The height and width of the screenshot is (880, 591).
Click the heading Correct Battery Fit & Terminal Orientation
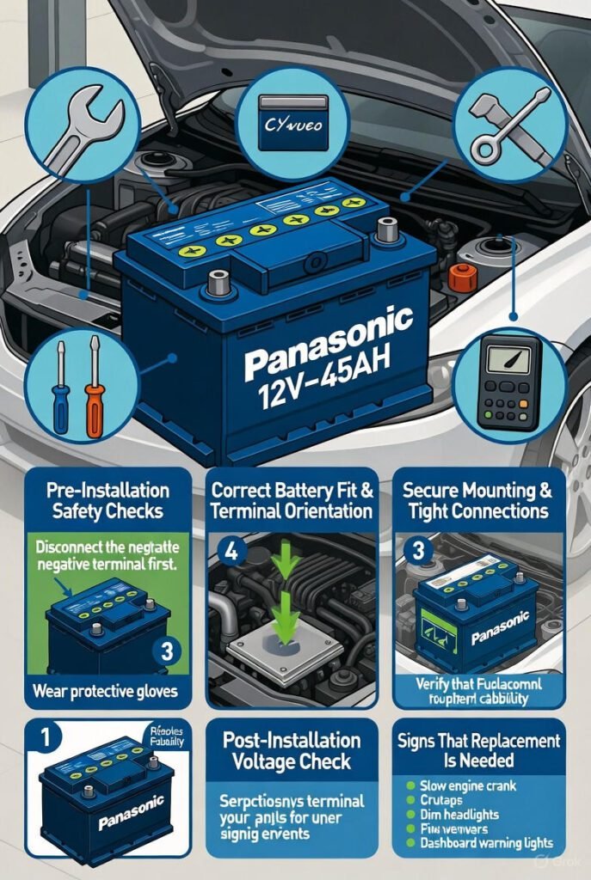click(x=291, y=501)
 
